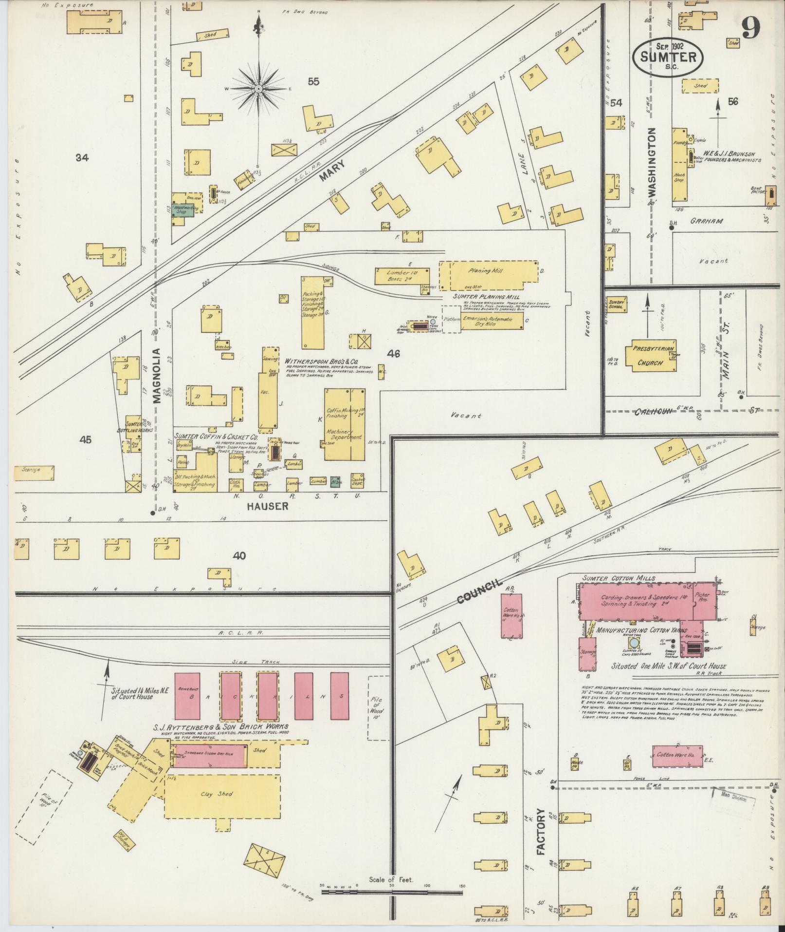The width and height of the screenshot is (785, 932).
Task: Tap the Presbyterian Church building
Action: [x=650, y=355]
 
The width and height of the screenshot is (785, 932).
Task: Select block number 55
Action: [x=313, y=82]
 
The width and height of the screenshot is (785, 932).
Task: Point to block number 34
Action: [x=82, y=157]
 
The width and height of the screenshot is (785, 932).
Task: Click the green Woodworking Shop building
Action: [x=183, y=209]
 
